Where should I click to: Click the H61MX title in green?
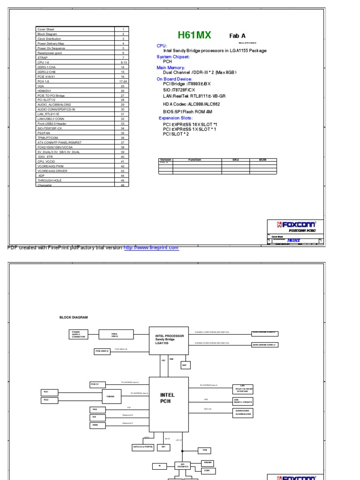[x=195, y=35]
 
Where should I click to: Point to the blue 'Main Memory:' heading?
[x=171, y=68]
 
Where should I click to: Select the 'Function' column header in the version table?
[x=195, y=160]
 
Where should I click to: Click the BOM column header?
[x=262, y=160]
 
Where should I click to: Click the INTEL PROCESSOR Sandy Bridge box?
[x=169, y=339]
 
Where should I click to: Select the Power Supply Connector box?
[x=78, y=334]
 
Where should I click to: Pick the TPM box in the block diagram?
[x=204, y=450]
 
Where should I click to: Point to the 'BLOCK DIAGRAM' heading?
[x=74, y=317]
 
